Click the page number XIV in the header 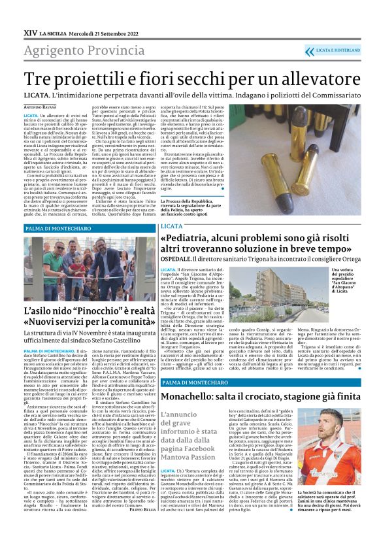click(30, 32)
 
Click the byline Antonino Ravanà click(41, 107)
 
